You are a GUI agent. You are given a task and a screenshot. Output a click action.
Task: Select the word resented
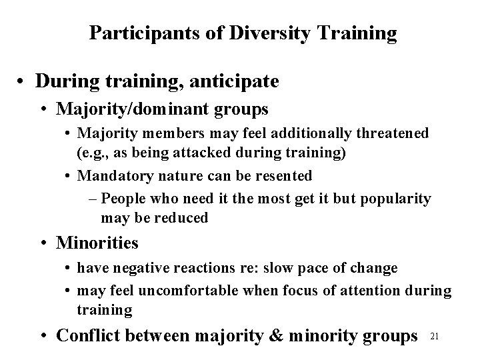[280, 176]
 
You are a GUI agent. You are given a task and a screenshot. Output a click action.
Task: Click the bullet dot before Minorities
[49, 243]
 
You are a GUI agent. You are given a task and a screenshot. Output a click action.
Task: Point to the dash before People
[92, 199]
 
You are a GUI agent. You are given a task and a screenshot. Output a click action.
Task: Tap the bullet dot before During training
[22, 82]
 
